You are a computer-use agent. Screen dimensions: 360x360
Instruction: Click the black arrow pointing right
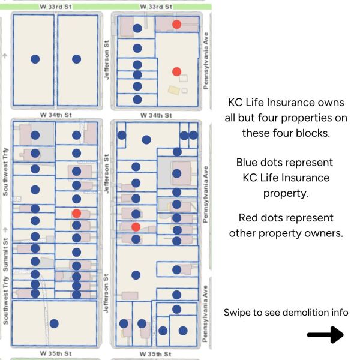pyautogui.click(x=325, y=335)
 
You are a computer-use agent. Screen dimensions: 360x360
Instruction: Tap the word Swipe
pyautogui.click(x=238, y=312)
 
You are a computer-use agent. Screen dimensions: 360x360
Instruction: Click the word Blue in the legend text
pyautogui.click(x=248, y=162)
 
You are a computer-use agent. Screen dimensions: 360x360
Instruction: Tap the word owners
pyautogui.click(x=325, y=233)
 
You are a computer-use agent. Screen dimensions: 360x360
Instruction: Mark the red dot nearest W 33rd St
pyautogui.click(x=176, y=24)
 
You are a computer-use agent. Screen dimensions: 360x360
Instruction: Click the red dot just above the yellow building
pyautogui.click(x=176, y=71)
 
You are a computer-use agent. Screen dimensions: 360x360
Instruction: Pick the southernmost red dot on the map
pyautogui.click(x=136, y=227)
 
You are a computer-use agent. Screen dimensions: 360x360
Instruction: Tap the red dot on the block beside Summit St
pyautogui.click(x=76, y=213)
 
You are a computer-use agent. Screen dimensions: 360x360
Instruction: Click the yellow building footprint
pyautogui.click(x=173, y=90)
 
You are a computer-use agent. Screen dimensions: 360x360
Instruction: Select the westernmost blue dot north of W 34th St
pyautogui.click(x=35, y=59)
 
